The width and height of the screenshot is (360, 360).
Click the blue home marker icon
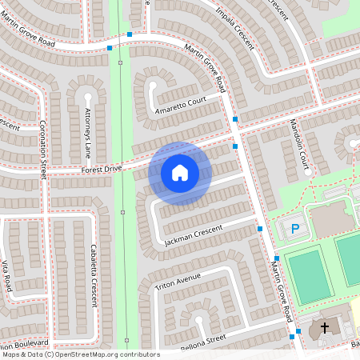180,172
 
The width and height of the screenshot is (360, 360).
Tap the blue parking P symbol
294,230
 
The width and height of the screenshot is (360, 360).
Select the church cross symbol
325,327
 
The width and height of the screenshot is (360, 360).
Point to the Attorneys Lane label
88,121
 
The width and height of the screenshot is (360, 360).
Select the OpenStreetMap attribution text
81,354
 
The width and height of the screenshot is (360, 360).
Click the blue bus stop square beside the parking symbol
260,229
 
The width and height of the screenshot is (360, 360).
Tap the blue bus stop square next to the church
298,331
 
